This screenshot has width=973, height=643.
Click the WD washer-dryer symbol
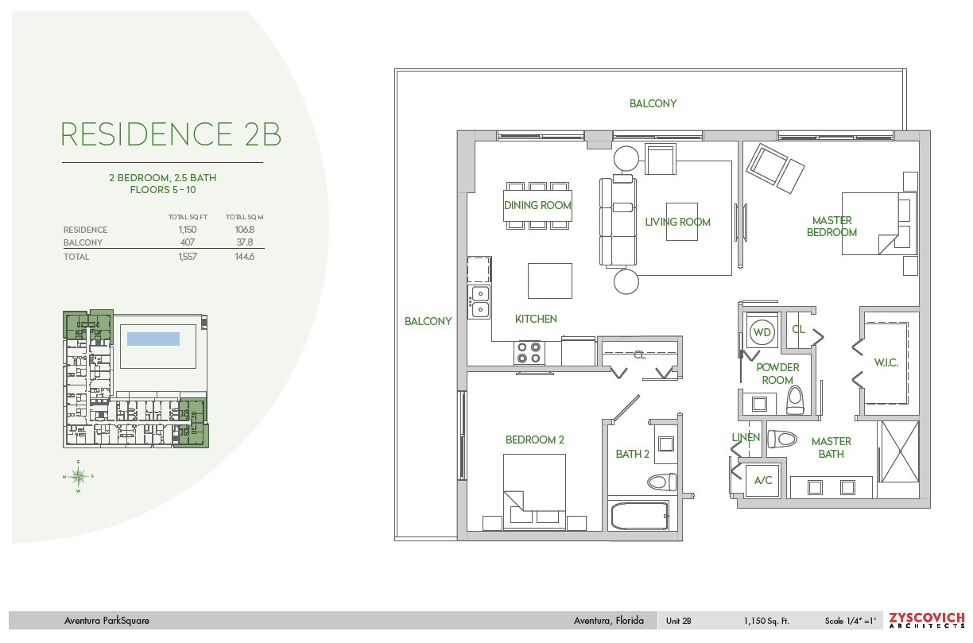tap(762, 331)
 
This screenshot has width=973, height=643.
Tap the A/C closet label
tap(763, 480)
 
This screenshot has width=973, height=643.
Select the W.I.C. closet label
tap(886, 363)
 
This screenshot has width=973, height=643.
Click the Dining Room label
tap(537, 205)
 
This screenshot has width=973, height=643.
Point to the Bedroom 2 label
tap(534, 440)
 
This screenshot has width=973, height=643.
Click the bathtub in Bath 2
tap(640, 516)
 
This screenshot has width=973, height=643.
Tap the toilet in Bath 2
tap(661, 482)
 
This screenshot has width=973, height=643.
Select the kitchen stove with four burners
tap(530, 352)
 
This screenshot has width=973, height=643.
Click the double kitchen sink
tap(480, 301)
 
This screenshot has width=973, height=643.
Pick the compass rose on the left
tap(78, 476)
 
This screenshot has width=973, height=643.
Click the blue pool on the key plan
tap(153, 339)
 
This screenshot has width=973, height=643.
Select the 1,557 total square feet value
tap(188, 257)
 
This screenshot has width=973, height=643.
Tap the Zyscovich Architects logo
tap(926, 620)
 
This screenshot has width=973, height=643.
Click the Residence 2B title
tap(171, 134)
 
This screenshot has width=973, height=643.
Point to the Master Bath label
tap(832, 447)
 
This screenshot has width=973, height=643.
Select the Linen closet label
tap(746, 437)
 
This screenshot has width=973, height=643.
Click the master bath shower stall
tap(898, 451)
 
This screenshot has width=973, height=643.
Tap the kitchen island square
tap(549, 281)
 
